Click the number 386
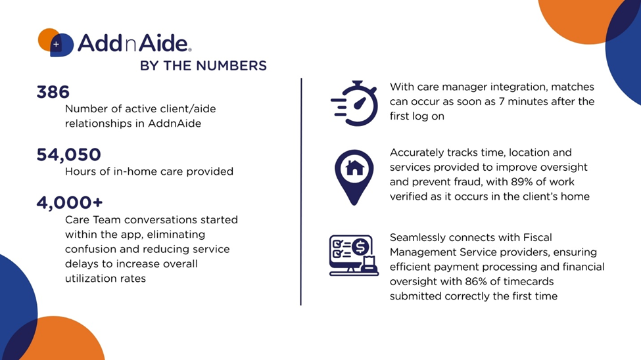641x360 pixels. coord(53,92)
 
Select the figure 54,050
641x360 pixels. coord(68,155)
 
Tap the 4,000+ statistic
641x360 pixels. coord(70,203)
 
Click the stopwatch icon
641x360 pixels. coord(354,103)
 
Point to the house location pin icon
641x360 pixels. coord(354,177)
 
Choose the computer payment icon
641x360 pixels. coord(354,256)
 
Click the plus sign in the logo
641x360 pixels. coord(56,44)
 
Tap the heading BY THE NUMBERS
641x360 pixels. coord(203,66)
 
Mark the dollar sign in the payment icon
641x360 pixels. coord(360,246)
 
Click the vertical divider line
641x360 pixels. coord(301,192)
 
